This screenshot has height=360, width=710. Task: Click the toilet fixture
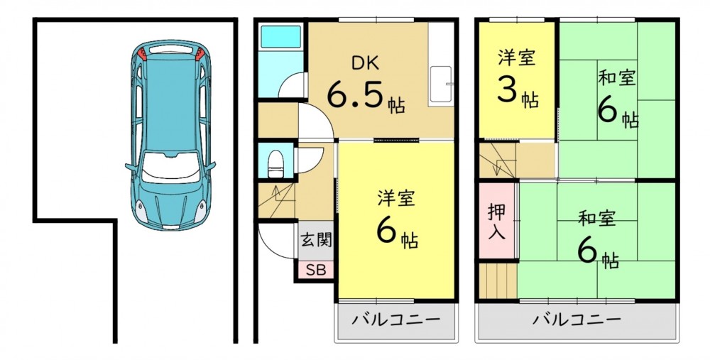(275, 163)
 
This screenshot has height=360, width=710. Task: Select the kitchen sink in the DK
(441, 84)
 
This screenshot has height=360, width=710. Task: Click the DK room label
(366, 64)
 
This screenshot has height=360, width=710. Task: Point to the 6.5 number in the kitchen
(356, 95)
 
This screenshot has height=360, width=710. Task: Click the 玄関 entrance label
(317, 240)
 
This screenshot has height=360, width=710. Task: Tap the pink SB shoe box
(316, 270)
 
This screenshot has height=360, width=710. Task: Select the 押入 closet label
(497, 221)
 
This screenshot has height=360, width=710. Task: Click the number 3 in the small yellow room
(508, 89)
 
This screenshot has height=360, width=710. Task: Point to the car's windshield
(170, 167)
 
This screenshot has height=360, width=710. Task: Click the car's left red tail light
(142, 53)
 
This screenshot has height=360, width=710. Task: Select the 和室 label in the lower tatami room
(596, 219)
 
